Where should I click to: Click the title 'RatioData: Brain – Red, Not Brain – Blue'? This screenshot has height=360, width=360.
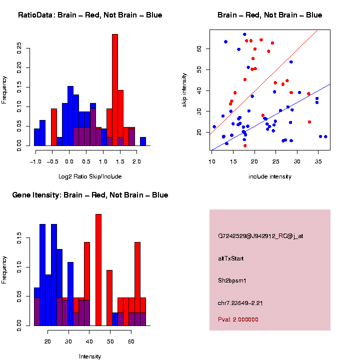coord(90,15)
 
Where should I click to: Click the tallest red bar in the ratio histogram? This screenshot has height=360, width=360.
coord(114,90)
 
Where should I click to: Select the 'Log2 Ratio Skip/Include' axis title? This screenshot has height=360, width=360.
coord(90,176)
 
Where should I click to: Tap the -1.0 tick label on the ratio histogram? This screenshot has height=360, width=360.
coord(35,161)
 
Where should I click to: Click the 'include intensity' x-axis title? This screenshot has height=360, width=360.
coord(270,176)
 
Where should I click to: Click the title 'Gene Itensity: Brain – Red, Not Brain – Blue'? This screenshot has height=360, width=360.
coord(90,195)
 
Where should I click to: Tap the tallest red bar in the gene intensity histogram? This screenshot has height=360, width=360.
coord(98,269)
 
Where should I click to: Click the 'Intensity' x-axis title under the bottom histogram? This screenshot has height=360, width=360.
coord(90,356)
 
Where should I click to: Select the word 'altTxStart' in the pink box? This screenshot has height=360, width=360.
coord(231,258)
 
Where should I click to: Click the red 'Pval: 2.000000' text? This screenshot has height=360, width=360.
coord(238,319)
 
